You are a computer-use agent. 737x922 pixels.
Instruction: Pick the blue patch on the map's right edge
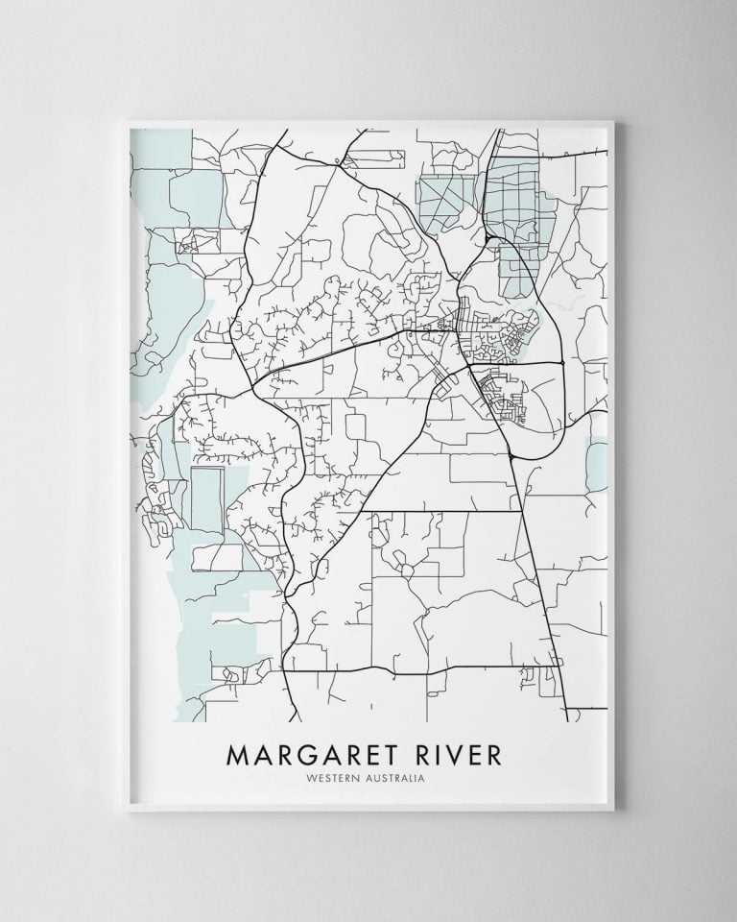click(598, 462)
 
